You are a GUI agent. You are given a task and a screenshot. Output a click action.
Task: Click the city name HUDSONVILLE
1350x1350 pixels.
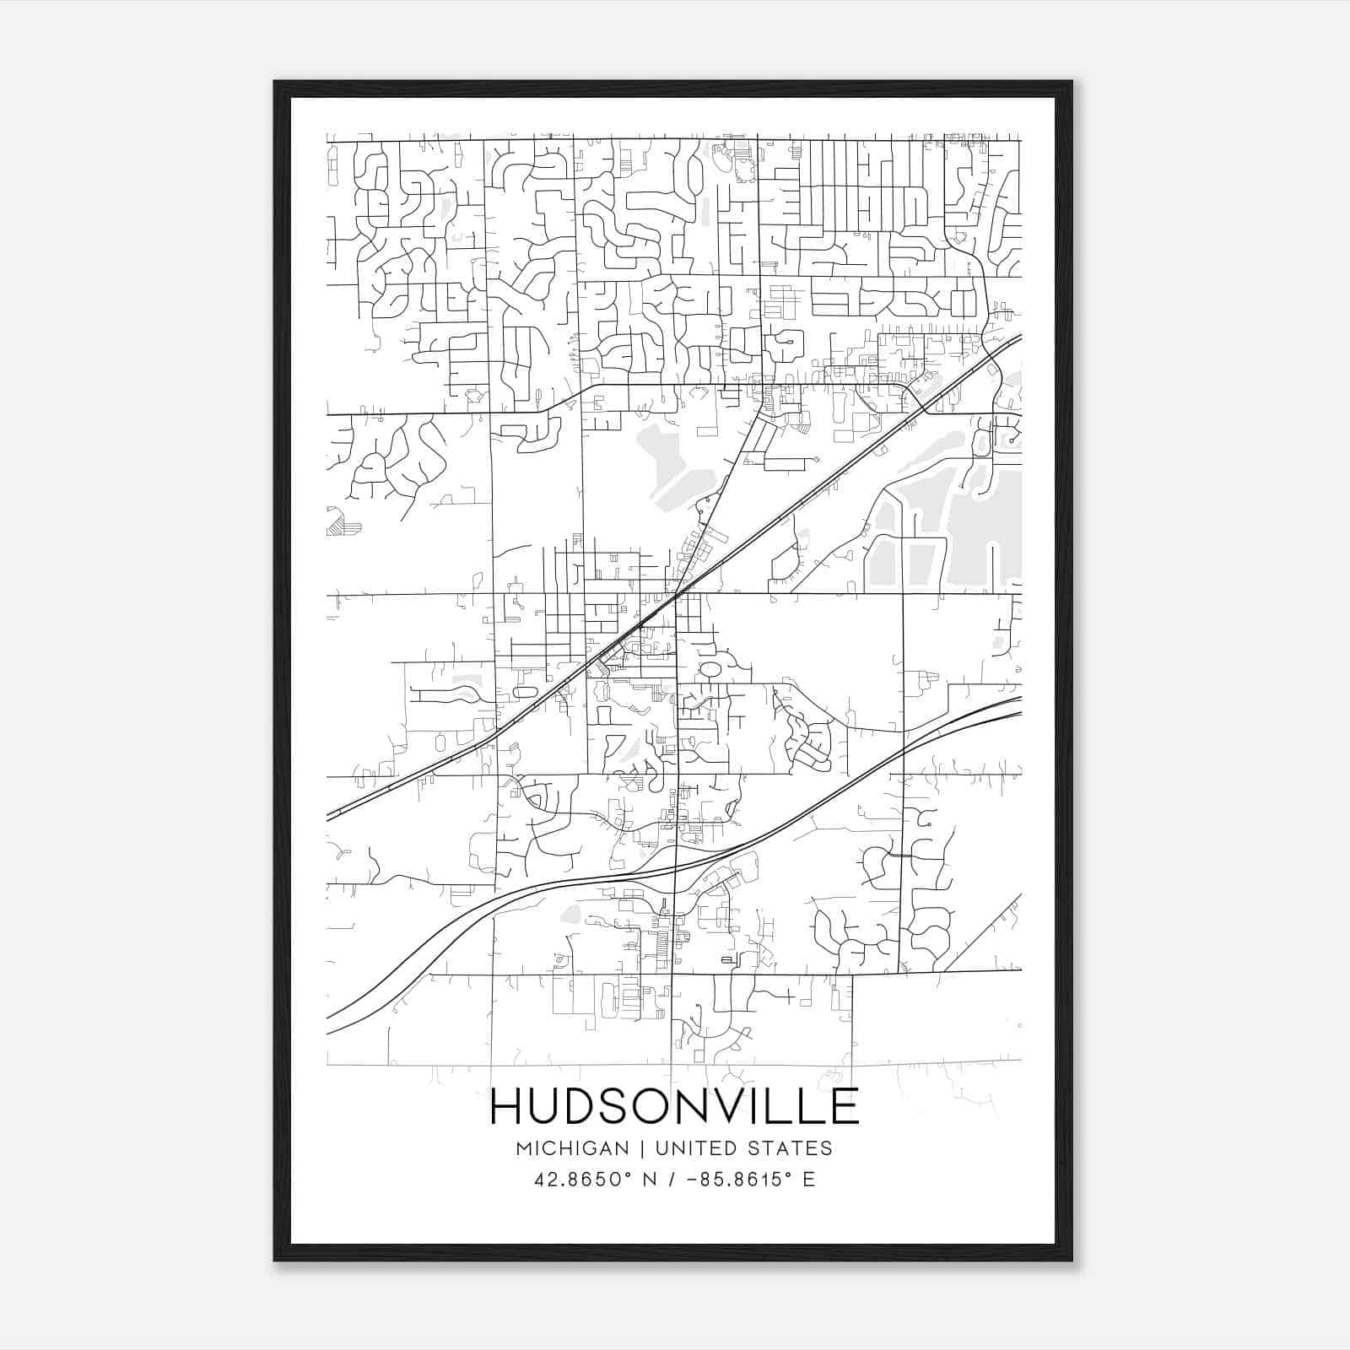coord(674,1107)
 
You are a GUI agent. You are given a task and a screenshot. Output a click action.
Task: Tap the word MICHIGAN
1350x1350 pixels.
coord(573,1148)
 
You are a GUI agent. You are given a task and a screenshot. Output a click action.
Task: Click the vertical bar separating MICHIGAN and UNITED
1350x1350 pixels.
coord(642,1148)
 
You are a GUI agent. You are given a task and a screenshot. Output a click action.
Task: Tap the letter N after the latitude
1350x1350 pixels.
coord(650,1180)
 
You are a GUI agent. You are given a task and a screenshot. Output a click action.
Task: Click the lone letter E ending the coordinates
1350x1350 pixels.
coord(809,1180)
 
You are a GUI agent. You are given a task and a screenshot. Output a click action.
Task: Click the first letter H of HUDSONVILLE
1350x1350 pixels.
coord(508,1107)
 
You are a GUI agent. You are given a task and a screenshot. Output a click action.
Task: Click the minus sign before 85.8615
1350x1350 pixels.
coord(694,1180)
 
